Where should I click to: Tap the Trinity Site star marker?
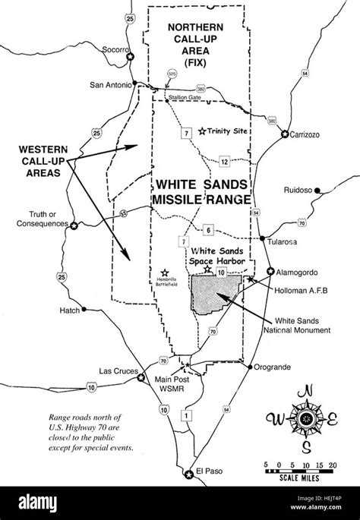pos(201,131)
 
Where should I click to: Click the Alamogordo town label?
pos(301,270)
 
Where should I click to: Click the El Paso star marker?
pos(189,475)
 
